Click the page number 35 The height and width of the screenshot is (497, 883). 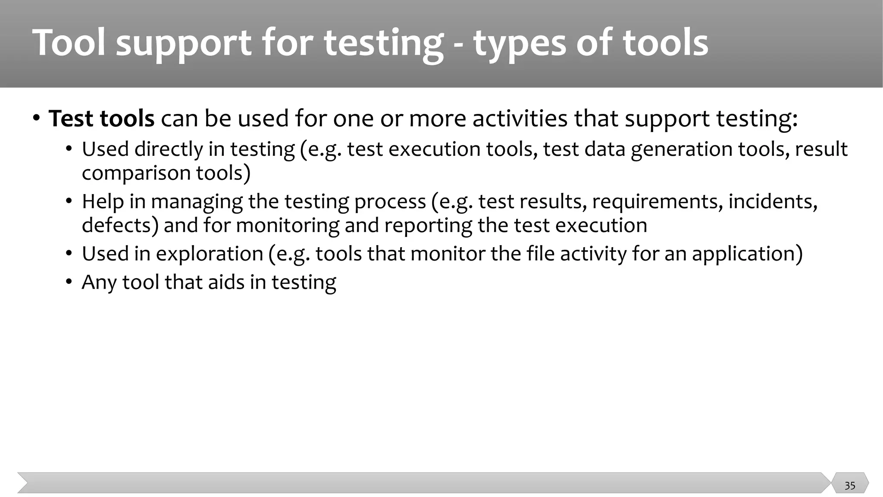849,486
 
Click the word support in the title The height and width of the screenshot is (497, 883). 184,44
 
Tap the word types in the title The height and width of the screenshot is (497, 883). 519,44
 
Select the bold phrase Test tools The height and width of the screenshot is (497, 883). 101,119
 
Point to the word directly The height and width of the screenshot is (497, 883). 169,150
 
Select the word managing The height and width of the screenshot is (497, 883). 196,202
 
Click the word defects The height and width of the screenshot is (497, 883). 120,226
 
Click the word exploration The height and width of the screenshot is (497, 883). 210,254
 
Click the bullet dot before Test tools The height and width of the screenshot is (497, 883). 37,118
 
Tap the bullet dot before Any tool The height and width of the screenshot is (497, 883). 69,283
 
